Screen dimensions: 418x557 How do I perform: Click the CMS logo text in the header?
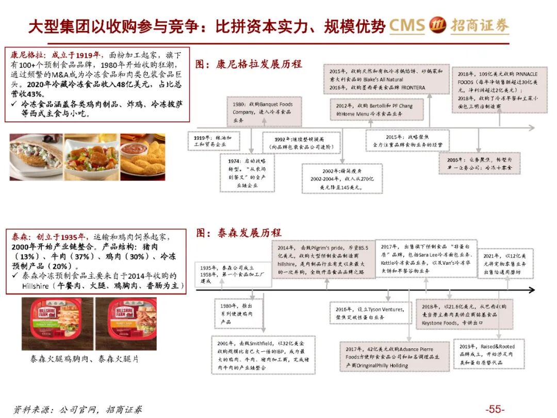click(407, 26)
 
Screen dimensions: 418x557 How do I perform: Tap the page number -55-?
click(494, 409)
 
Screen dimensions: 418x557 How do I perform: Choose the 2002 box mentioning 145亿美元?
click(342, 178)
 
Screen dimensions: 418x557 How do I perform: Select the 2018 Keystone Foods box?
click(464, 313)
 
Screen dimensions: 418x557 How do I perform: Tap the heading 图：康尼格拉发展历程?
click(249, 65)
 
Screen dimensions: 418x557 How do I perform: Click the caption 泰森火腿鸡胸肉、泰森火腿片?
click(85, 359)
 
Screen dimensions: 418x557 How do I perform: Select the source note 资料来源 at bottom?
click(77, 410)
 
